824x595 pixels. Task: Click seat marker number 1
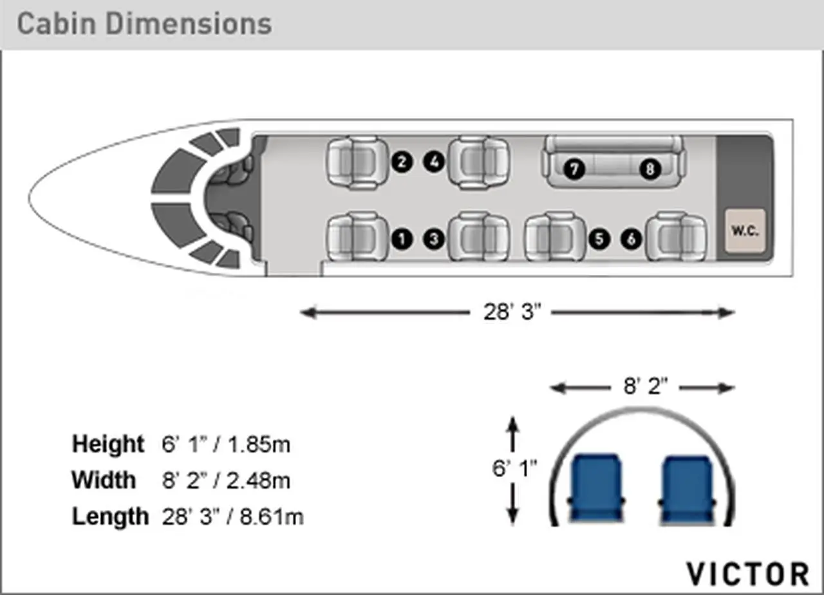(402, 239)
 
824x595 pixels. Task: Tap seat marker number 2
(402, 162)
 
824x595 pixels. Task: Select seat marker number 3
(434, 239)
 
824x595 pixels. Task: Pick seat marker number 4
(434, 162)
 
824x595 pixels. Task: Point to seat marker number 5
(599, 239)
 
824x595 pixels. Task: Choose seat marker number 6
(632, 239)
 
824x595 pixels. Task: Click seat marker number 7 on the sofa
(574, 169)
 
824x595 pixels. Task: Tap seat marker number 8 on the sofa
(650, 169)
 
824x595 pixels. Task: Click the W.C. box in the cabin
(745, 231)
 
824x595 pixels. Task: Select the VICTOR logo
(748, 573)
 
